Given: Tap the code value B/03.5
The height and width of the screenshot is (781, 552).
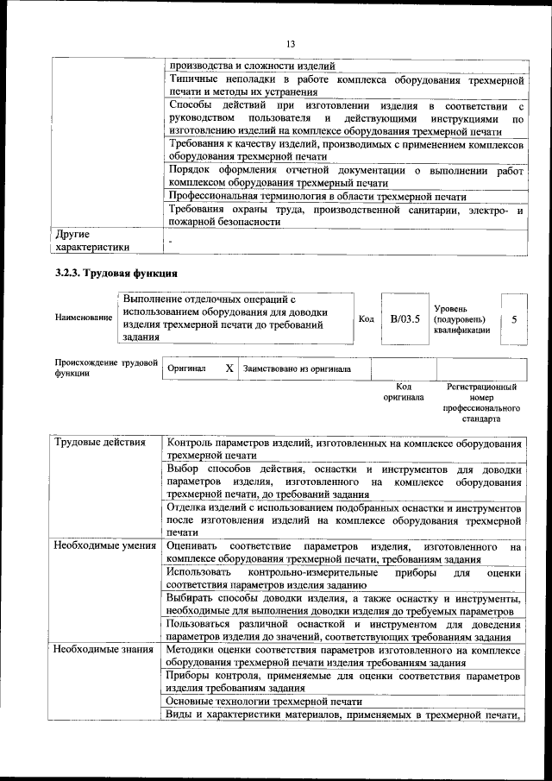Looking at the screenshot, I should (405, 318).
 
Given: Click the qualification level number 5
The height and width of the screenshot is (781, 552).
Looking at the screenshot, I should (514, 318).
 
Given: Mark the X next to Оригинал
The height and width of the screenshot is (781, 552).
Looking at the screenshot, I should (229, 368).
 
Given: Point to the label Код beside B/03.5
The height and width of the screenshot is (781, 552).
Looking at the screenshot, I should (366, 318).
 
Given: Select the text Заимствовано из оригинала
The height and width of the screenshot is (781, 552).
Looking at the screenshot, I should (297, 368).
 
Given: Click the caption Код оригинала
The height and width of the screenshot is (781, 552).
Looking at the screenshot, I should (404, 393).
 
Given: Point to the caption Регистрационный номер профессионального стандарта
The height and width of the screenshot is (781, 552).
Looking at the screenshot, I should (481, 403).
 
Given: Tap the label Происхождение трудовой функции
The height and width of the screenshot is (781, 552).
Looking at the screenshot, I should (106, 368).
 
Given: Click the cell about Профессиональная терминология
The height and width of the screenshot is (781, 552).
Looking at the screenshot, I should (317, 197).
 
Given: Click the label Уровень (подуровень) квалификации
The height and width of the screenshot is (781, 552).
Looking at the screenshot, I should (462, 318).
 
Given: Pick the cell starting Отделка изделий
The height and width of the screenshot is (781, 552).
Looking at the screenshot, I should (345, 520).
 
